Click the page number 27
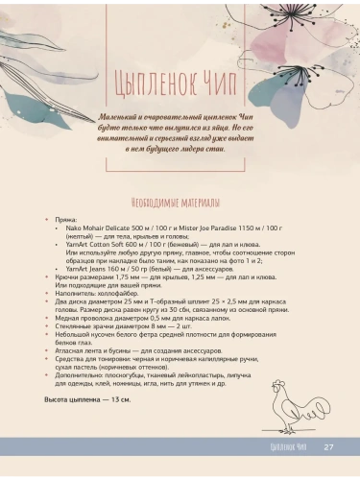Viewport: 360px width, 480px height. pyautogui.click(x=328, y=446)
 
